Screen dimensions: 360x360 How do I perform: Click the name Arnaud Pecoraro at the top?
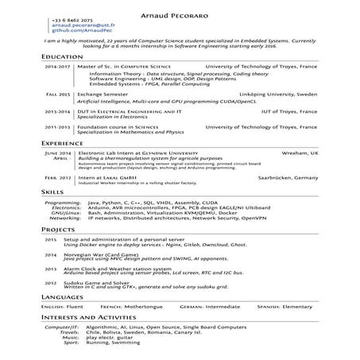coord(180,6)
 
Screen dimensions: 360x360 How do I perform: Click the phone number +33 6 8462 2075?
coord(71,19)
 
